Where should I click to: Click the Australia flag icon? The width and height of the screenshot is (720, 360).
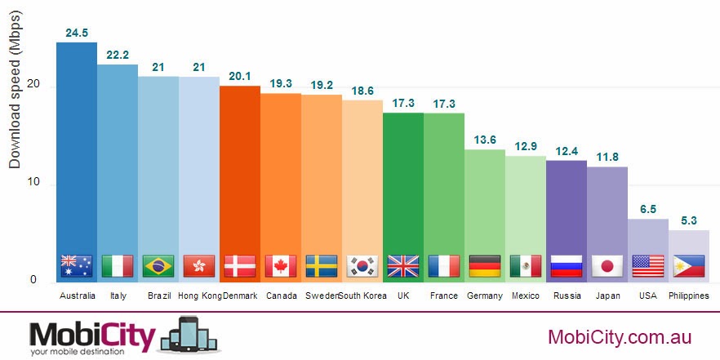pos(77,266)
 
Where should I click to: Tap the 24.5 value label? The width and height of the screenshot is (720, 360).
pos(77,33)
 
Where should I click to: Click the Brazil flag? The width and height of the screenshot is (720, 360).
pos(158,266)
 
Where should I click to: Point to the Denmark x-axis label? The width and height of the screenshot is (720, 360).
pos(240,296)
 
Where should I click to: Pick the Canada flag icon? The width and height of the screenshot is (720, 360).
pos(281,266)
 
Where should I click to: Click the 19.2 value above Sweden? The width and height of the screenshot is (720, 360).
pos(322,86)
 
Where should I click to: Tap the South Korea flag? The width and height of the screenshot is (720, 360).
pos(362,266)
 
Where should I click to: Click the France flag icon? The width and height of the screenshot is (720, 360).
pos(444,266)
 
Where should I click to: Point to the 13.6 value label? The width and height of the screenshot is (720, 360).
pos(485,140)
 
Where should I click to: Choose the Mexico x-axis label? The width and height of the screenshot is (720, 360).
pos(526,296)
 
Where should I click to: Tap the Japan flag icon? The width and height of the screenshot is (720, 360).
pos(607,266)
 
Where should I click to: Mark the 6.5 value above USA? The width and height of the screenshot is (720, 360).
pos(648,210)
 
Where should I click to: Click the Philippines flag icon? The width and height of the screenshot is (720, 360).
pos(689,266)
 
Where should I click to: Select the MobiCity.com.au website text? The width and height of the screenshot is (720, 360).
pos(620,337)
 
